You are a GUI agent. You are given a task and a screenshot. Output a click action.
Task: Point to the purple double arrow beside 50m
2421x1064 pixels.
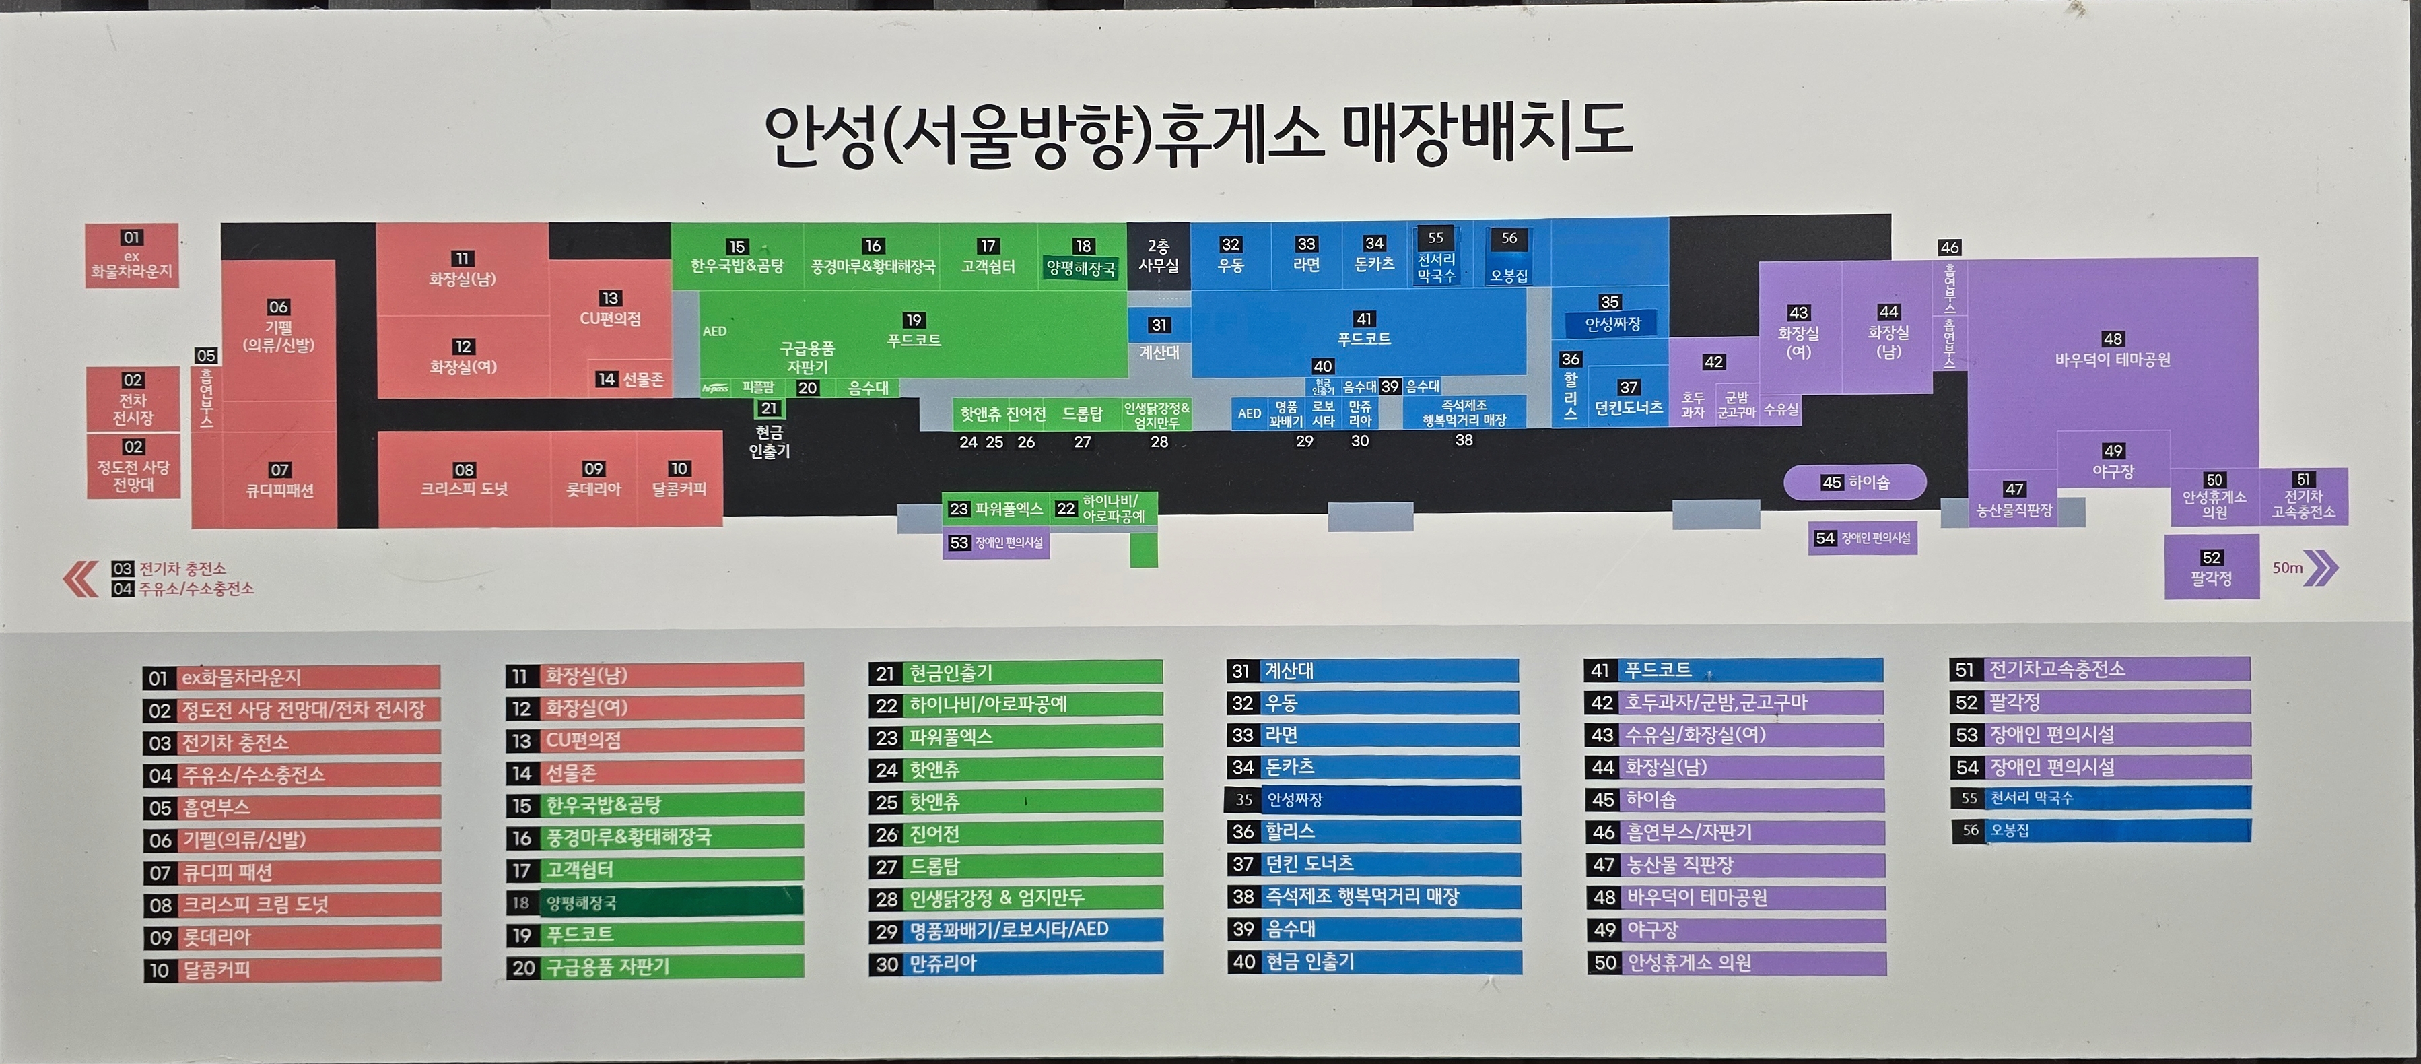(x=2321, y=568)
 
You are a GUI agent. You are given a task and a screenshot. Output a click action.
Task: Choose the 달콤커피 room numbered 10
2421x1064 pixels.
(x=679, y=479)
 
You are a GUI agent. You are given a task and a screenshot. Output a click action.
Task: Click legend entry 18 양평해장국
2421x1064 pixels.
(x=654, y=902)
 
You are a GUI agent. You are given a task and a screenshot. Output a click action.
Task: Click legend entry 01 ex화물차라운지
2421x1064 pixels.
(x=292, y=677)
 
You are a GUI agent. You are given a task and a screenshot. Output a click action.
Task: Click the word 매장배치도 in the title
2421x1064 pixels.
(x=1485, y=131)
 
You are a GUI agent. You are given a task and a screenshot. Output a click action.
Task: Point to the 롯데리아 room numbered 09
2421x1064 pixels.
(x=593, y=479)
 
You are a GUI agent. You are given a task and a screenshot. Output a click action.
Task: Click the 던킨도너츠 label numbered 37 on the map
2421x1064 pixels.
(x=1628, y=399)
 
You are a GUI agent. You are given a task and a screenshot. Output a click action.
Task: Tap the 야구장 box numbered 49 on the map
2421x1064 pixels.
(x=2113, y=461)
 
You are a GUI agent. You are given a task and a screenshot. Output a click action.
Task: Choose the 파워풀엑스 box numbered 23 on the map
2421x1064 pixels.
(x=996, y=508)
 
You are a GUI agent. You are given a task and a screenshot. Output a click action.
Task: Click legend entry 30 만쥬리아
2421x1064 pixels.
(x=1015, y=962)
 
